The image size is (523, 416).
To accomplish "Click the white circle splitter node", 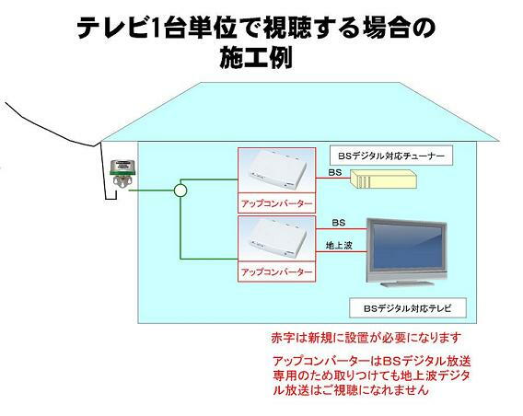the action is (x=180, y=191).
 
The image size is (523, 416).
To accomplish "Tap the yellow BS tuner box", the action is (x=384, y=179).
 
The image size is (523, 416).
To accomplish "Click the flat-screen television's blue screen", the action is (x=407, y=247).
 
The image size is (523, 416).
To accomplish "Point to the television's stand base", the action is (x=408, y=283).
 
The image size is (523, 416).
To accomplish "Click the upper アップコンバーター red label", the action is (x=277, y=203).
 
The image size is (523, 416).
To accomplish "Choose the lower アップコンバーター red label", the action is (x=277, y=272).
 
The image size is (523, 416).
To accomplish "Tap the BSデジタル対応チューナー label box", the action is (x=391, y=156).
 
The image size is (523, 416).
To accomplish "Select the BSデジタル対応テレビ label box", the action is (x=407, y=308).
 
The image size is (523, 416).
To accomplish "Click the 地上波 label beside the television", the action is (x=339, y=246).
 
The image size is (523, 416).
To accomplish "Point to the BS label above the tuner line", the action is (x=335, y=172).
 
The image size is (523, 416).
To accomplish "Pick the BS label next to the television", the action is (x=339, y=223).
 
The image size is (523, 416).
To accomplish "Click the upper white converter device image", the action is (x=277, y=170).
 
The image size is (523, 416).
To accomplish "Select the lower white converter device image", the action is (x=277, y=238).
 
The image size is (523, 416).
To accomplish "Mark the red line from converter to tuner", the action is (x=333, y=178).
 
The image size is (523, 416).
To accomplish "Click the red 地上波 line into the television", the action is (x=342, y=251).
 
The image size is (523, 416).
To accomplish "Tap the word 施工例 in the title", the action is (x=256, y=57).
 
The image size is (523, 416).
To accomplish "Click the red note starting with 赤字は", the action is (x=366, y=338).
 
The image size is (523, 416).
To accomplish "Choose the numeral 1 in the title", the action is (x=154, y=28).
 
